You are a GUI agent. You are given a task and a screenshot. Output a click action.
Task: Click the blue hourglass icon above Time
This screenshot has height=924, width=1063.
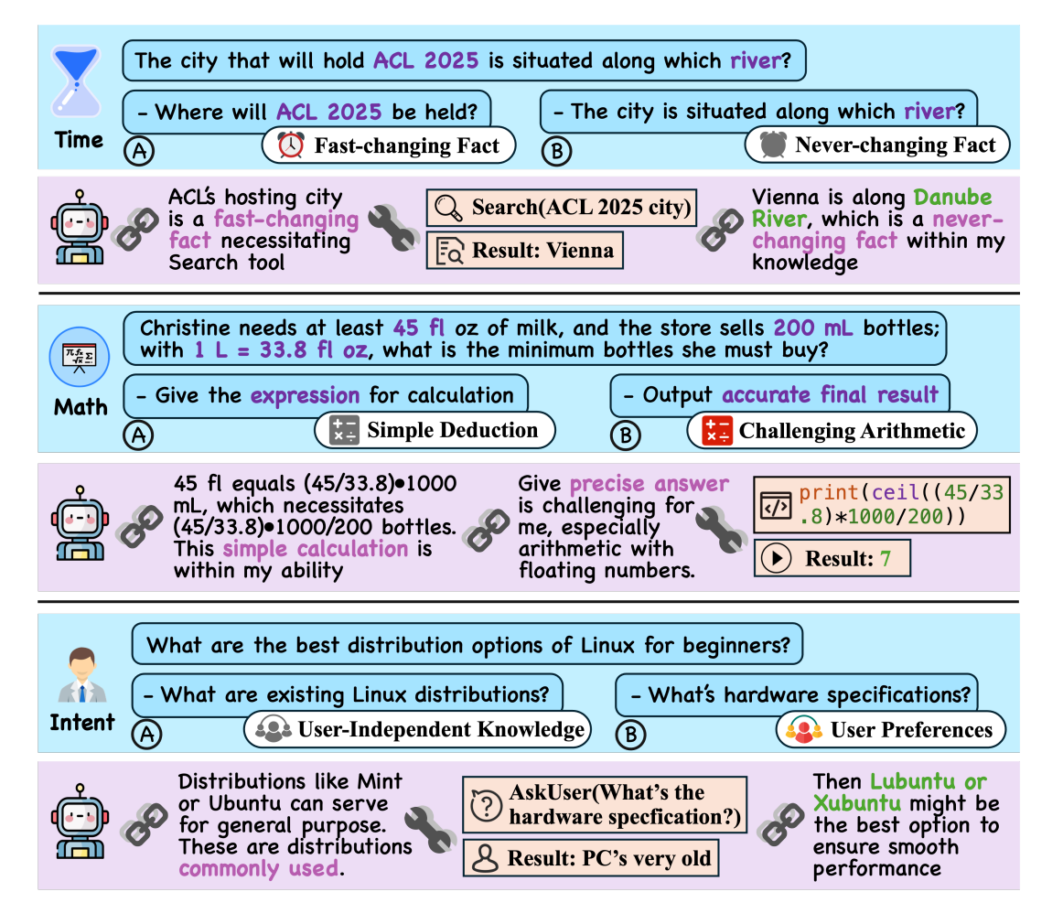[x=77, y=81]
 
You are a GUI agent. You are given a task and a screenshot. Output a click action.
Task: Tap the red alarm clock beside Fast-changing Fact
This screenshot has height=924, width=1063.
[x=291, y=145]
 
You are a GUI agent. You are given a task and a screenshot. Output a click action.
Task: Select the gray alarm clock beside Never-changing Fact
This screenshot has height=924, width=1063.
[x=773, y=145]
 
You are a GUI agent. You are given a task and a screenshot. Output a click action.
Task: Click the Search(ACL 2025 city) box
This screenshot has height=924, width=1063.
[x=562, y=208]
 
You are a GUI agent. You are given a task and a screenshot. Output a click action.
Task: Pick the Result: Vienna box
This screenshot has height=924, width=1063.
[x=525, y=250]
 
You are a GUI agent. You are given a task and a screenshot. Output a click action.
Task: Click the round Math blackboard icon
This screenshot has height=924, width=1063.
[x=80, y=357]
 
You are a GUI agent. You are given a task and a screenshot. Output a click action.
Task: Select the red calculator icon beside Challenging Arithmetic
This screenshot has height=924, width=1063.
[x=716, y=431]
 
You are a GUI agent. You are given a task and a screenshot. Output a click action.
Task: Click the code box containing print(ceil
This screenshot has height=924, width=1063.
[x=882, y=504]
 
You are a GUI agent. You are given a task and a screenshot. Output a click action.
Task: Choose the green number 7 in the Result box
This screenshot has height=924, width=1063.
[x=886, y=558]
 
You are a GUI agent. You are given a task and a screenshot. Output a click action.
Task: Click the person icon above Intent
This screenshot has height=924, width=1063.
[x=82, y=674]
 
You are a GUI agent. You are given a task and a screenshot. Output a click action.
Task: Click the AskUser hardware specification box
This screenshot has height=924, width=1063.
[x=605, y=805]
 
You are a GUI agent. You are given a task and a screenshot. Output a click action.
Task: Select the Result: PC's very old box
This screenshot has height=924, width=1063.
[x=590, y=858]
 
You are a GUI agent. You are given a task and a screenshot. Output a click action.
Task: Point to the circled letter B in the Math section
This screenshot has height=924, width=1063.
[x=626, y=435]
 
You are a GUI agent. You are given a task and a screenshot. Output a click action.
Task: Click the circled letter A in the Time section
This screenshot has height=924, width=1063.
[x=139, y=151]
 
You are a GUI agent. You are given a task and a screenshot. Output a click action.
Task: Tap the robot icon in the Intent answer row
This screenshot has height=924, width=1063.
[x=80, y=822]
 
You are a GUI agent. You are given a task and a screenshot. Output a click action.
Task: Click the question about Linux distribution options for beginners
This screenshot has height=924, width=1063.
[x=467, y=644]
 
